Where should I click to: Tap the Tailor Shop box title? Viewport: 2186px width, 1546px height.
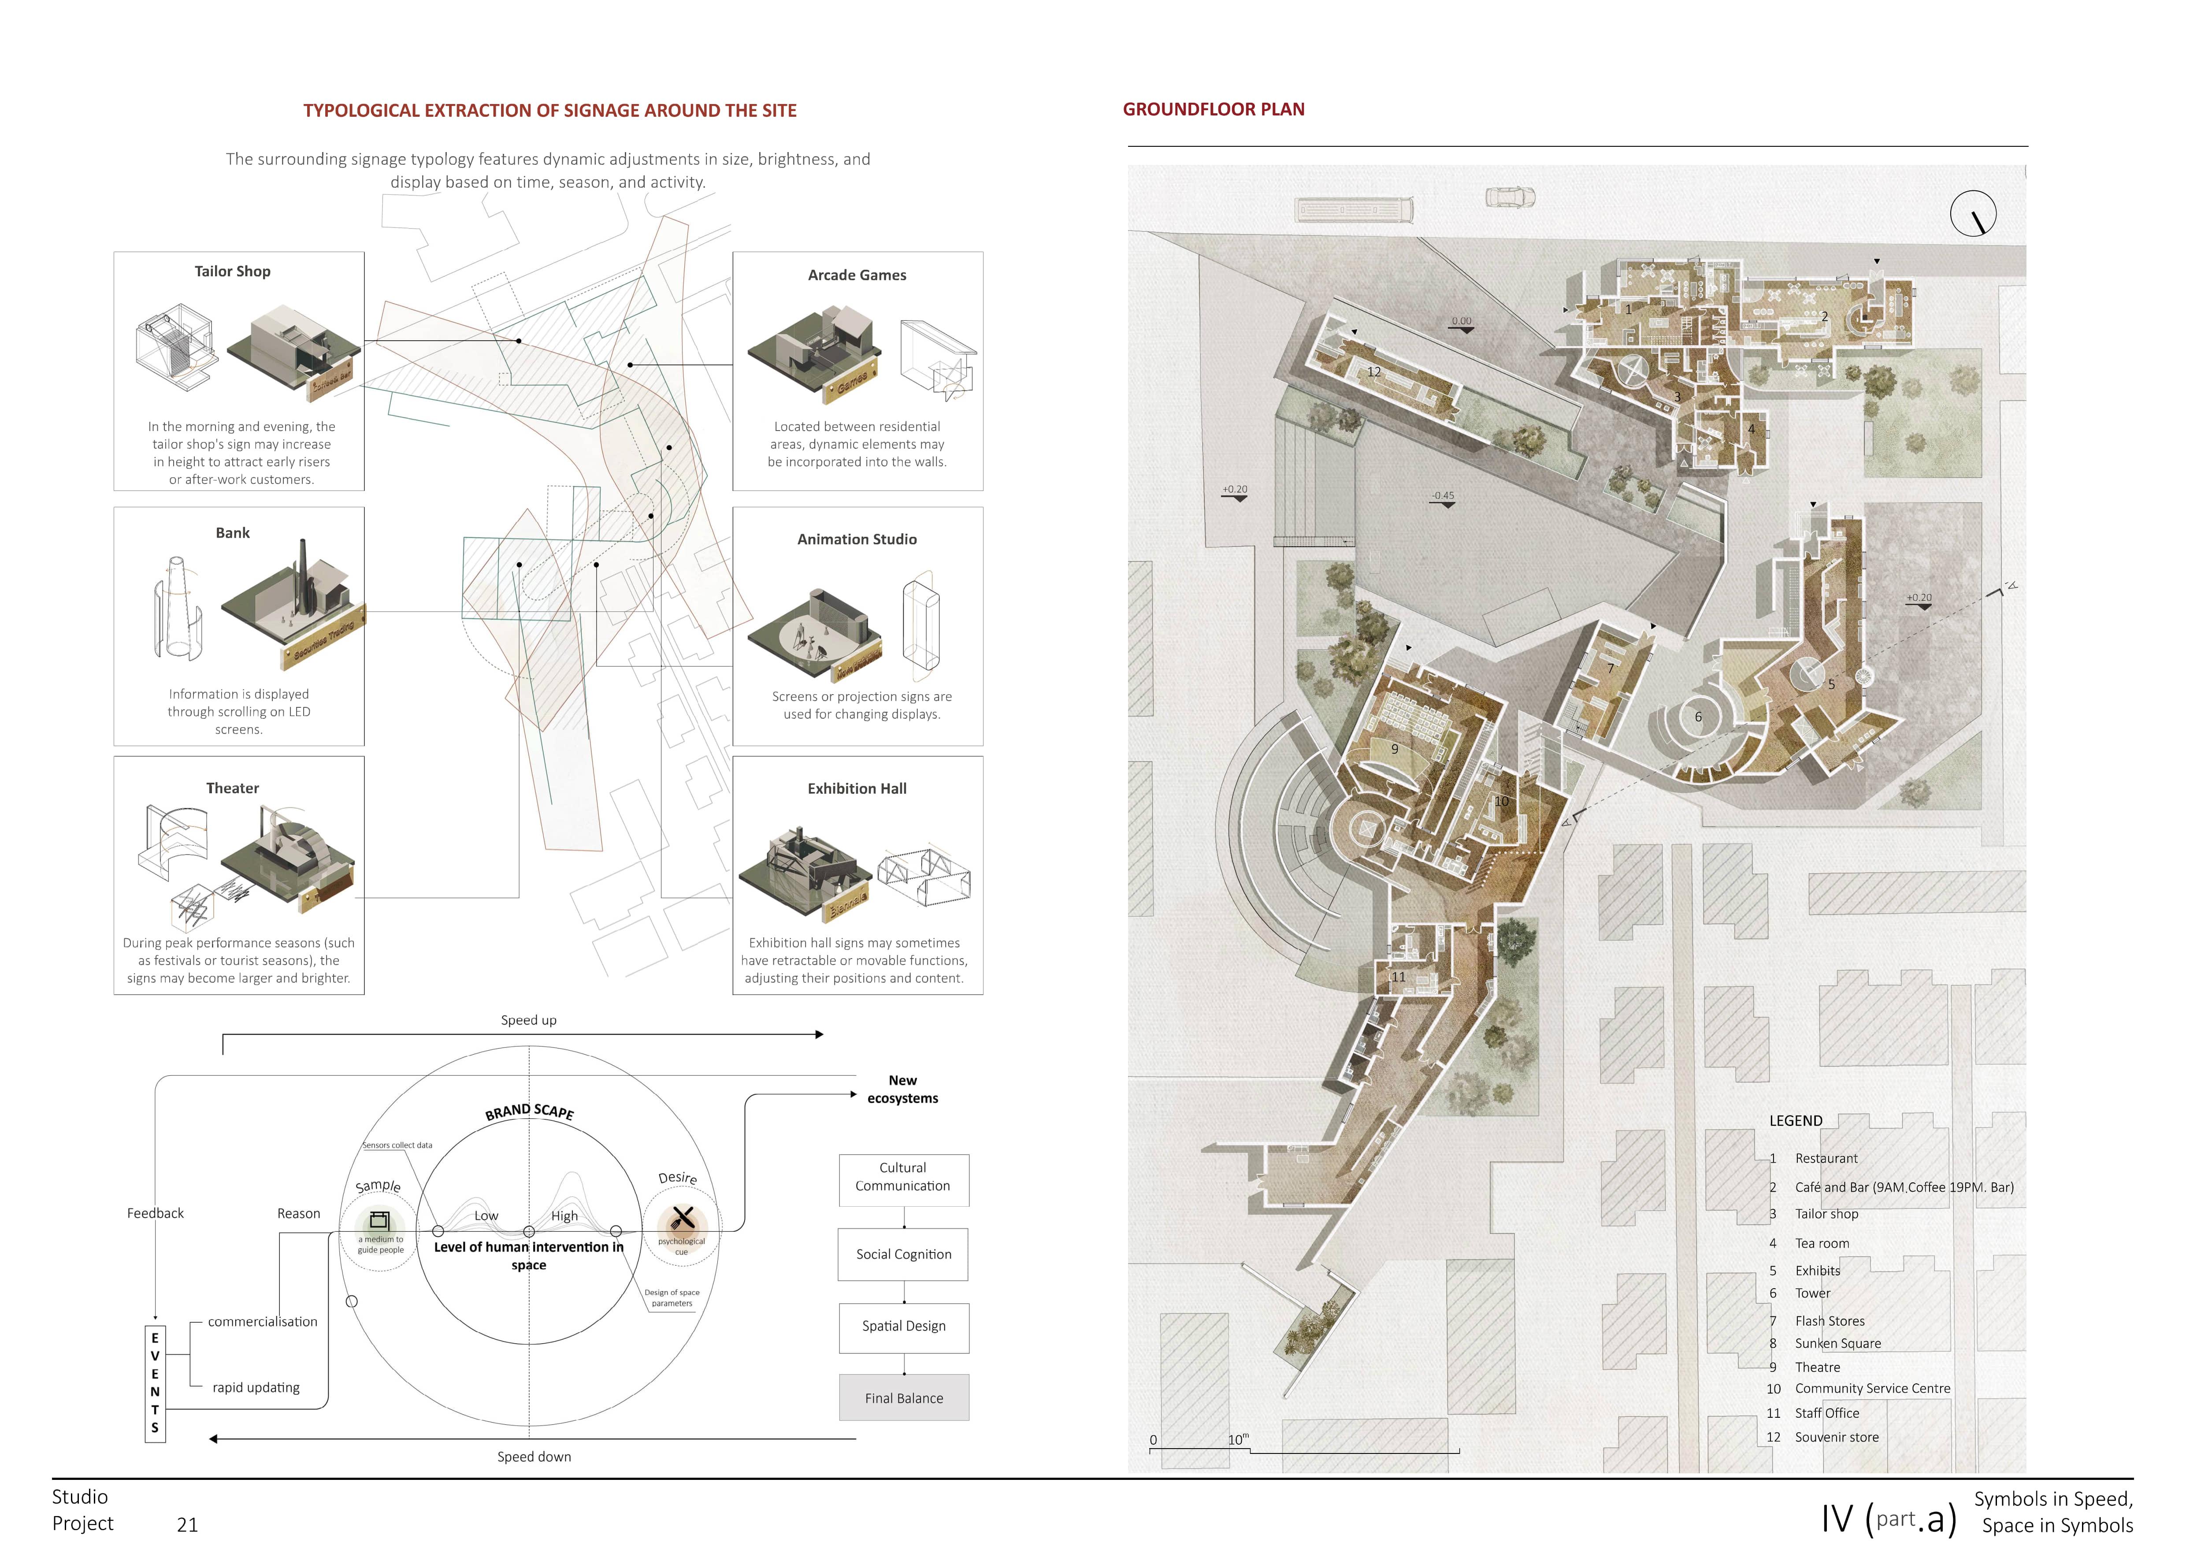coord(232,271)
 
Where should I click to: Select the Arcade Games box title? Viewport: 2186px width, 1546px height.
coord(857,275)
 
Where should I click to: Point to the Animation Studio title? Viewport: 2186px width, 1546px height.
coord(857,539)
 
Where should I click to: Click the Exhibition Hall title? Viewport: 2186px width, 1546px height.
coord(857,788)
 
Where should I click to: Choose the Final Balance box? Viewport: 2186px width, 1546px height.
coord(904,1397)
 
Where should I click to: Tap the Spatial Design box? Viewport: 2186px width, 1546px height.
coord(904,1326)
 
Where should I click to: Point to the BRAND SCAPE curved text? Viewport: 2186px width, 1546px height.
coord(529,1111)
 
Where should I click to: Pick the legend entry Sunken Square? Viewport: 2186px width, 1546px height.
coord(1837,1343)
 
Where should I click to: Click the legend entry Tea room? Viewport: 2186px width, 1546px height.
coord(1821,1243)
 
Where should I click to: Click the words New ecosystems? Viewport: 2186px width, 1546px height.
coord(902,1089)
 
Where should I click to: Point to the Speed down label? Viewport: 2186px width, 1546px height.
coord(534,1457)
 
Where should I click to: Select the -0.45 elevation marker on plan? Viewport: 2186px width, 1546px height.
coord(1442,496)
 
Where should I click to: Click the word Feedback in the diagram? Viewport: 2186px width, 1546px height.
coord(155,1213)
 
